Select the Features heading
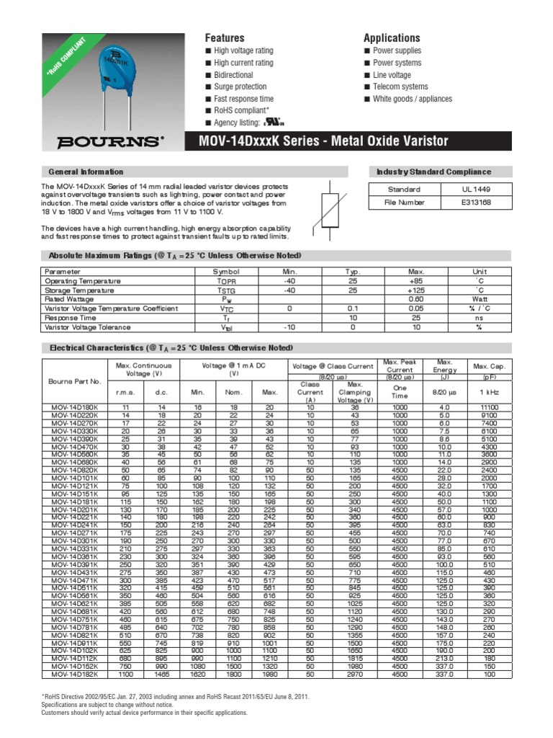[225, 37]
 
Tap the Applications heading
[392, 37]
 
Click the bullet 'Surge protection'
[240, 87]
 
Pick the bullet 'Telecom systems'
[400, 87]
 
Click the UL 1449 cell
[476, 190]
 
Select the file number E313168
[476, 203]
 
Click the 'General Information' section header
[86, 172]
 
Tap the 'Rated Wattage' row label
[69, 299]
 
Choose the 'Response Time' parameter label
[71, 317]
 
